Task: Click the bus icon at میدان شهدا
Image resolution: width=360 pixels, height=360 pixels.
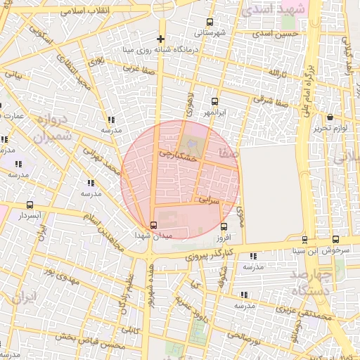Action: click(154, 225)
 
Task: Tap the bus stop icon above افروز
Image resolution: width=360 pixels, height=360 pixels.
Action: click(224, 226)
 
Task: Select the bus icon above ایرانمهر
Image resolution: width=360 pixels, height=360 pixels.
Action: click(214, 101)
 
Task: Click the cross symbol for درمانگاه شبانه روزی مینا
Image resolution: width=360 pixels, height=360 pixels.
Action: click(161, 39)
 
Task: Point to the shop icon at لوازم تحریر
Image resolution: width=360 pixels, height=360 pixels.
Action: click(330, 117)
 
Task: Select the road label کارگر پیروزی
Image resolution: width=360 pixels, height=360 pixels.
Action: click(209, 254)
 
